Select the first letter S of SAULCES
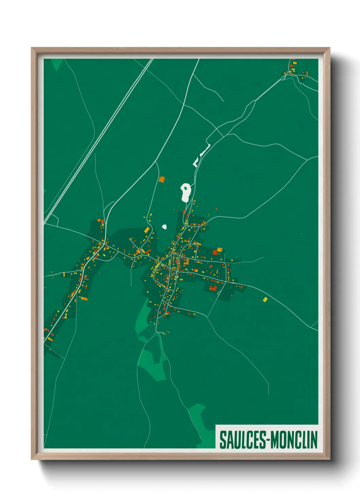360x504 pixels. click(223, 440)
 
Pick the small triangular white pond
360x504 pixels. click(164, 226)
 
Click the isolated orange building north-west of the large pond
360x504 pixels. click(162, 179)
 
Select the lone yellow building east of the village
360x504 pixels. click(265, 299)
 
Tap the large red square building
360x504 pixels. click(215, 252)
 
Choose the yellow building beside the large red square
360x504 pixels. click(220, 250)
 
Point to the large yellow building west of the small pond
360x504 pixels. click(147, 230)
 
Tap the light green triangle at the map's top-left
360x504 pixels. click(57, 64)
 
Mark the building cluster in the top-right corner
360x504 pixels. click(294, 70)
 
